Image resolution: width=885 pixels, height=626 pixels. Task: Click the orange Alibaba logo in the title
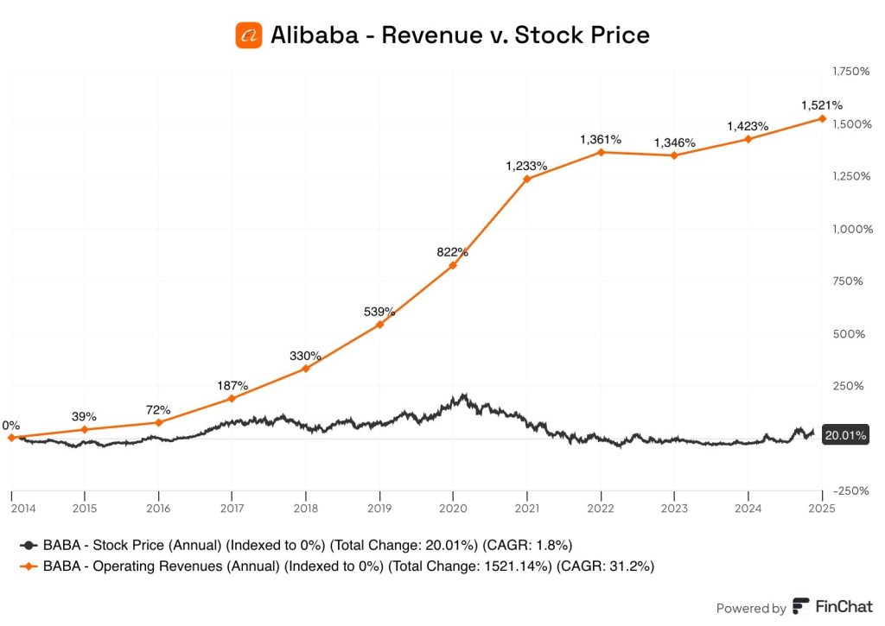point(250,35)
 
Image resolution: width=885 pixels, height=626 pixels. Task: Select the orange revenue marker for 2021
point(526,179)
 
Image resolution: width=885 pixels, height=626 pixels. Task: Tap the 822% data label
point(452,252)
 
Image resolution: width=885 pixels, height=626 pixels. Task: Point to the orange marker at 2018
point(305,369)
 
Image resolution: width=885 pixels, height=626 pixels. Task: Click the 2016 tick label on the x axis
point(158,509)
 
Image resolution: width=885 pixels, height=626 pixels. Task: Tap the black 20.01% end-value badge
point(844,436)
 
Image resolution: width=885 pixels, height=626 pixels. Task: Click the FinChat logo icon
point(801,607)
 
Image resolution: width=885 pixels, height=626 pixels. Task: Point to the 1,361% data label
point(600,139)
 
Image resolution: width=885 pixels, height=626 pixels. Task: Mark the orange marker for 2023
point(674,155)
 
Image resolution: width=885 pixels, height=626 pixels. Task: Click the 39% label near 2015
point(84,415)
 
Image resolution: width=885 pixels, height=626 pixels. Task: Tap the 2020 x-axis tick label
point(453,509)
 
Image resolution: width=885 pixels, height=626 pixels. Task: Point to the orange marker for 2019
point(379,325)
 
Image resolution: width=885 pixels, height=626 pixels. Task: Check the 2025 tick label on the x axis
point(820,509)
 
